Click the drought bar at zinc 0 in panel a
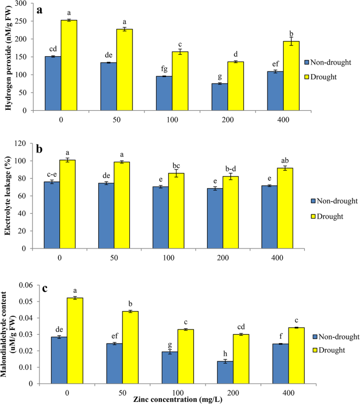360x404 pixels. coord(68,65)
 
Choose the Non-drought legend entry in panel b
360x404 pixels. coord(330,201)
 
